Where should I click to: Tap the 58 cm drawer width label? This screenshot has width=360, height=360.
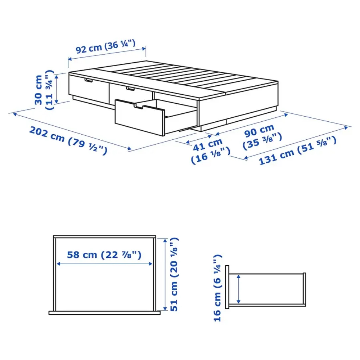click(104, 255)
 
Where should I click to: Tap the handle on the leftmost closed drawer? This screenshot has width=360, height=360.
click(88, 80)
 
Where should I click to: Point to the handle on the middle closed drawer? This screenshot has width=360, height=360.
click(130, 89)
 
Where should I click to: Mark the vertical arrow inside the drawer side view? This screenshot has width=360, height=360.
click(238, 288)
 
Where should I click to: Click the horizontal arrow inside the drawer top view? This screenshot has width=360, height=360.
click(104, 264)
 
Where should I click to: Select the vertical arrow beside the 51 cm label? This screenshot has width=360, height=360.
click(165, 274)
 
